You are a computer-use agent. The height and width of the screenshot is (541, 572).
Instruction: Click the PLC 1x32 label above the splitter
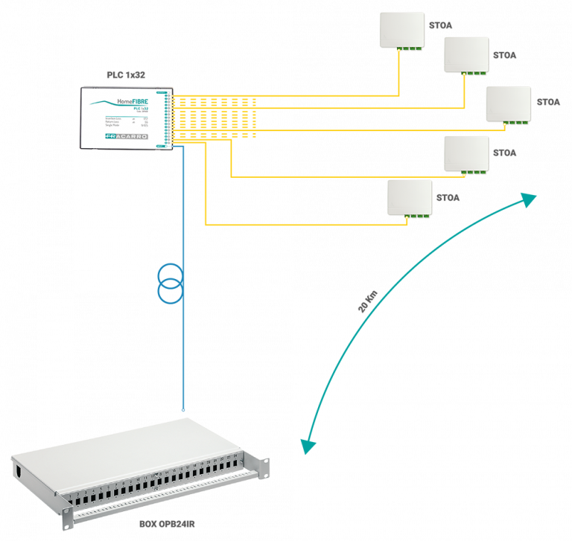[125, 76]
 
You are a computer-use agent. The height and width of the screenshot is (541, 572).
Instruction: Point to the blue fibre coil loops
[171, 284]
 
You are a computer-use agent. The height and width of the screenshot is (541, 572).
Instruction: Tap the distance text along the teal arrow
[368, 301]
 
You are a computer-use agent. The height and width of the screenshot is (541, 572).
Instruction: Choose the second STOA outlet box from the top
[467, 55]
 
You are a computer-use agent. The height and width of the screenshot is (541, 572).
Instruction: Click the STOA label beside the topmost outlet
[440, 25]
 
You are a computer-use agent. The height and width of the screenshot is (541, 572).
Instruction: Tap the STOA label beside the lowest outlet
[447, 198]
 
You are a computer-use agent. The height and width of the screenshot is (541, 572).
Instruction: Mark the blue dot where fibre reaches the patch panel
[183, 410]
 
